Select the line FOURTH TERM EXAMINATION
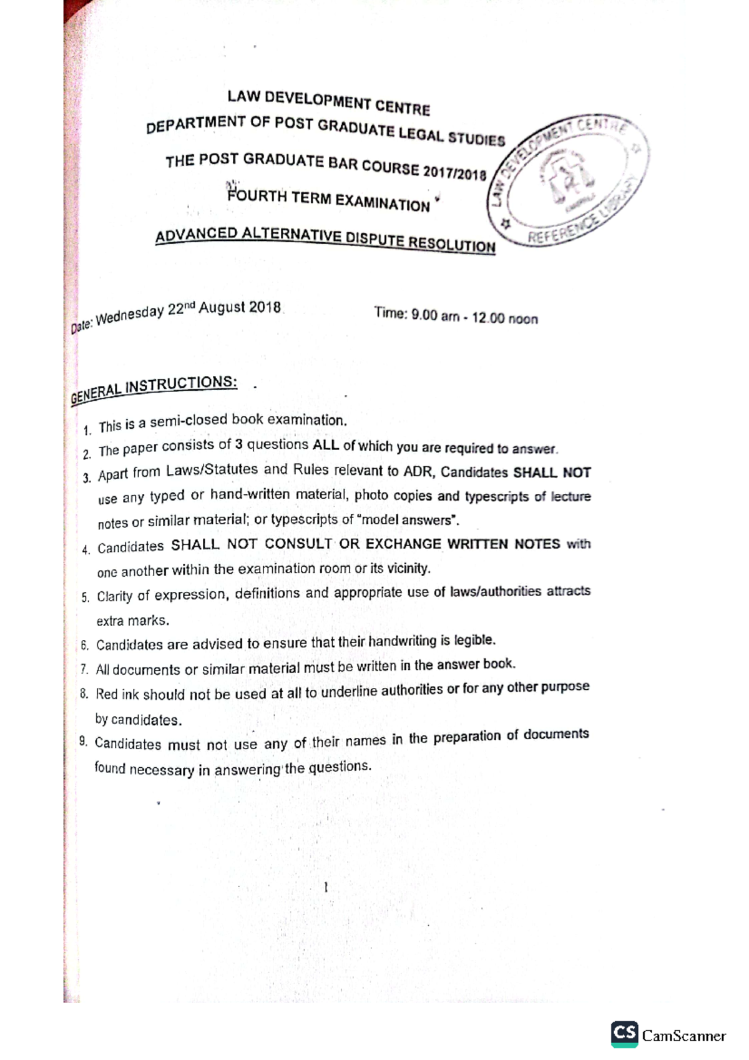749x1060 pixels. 329,200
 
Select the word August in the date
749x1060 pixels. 222,308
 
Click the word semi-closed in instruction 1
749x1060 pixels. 188,421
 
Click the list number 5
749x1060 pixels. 86,597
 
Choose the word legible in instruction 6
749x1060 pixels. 474,640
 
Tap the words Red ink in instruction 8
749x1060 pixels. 117,694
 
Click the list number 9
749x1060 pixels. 83,742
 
